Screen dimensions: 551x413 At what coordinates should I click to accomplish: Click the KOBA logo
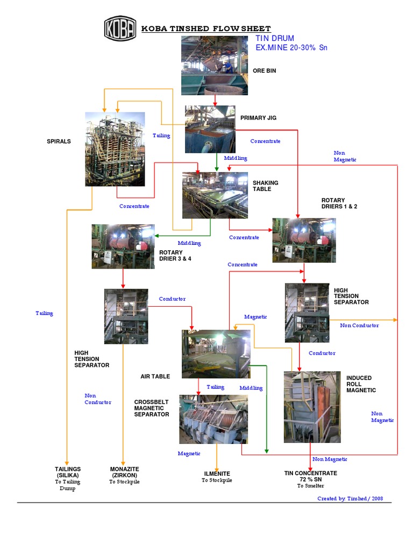point(120,28)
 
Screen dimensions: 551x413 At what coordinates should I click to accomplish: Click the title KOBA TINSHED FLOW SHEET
point(205,29)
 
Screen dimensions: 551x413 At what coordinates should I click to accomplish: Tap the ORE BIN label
point(264,70)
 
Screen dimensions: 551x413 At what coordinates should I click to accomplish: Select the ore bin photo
point(214,66)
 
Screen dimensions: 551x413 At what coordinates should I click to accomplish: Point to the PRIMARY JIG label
point(258,118)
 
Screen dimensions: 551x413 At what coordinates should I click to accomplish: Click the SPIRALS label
point(59,142)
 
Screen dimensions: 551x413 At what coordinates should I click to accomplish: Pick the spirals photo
point(115,149)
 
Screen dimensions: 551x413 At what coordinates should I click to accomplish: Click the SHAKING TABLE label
point(265,186)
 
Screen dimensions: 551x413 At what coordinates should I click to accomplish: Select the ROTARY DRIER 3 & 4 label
point(175,256)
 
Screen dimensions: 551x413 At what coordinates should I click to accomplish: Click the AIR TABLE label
point(155,377)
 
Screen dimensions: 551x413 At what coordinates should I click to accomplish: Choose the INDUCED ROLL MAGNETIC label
point(361,384)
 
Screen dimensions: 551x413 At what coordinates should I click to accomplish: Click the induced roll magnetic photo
point(312,407)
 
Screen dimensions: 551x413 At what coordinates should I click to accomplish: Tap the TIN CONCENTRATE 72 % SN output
point(310,476)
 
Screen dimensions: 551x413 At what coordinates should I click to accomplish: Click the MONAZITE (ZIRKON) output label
point(124,472)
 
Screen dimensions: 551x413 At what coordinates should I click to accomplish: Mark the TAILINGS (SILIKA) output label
point(67,472)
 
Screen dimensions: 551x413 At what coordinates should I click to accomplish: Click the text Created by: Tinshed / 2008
point(350,499)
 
